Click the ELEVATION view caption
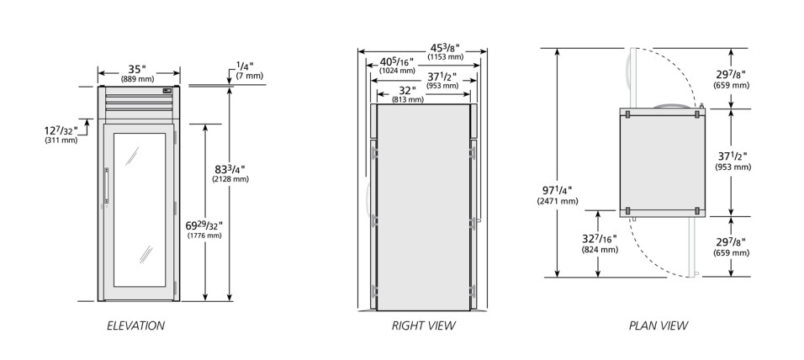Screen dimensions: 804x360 136,326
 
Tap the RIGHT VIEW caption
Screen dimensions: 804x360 424,326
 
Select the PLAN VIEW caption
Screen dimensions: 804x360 659,326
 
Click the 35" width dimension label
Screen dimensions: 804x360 137,69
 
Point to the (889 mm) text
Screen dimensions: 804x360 137,80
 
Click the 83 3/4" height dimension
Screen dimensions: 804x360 230,169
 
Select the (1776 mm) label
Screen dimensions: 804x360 204,236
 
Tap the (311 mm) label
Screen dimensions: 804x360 61,140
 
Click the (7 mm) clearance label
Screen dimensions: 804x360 250,76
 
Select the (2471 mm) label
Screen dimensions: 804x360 558,202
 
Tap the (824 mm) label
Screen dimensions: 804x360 600,250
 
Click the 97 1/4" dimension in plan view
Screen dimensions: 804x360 558,191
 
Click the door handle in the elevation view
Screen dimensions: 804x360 106,184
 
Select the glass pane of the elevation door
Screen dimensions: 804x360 140,209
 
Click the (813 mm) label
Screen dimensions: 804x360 408,99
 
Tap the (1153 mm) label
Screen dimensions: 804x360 447,57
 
